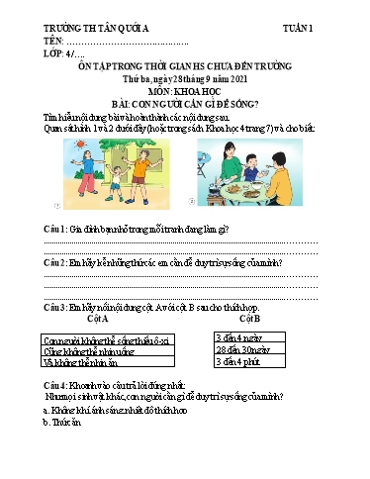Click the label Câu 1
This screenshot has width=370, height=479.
54,229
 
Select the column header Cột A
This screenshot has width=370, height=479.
97,320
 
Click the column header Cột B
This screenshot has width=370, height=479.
249,320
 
